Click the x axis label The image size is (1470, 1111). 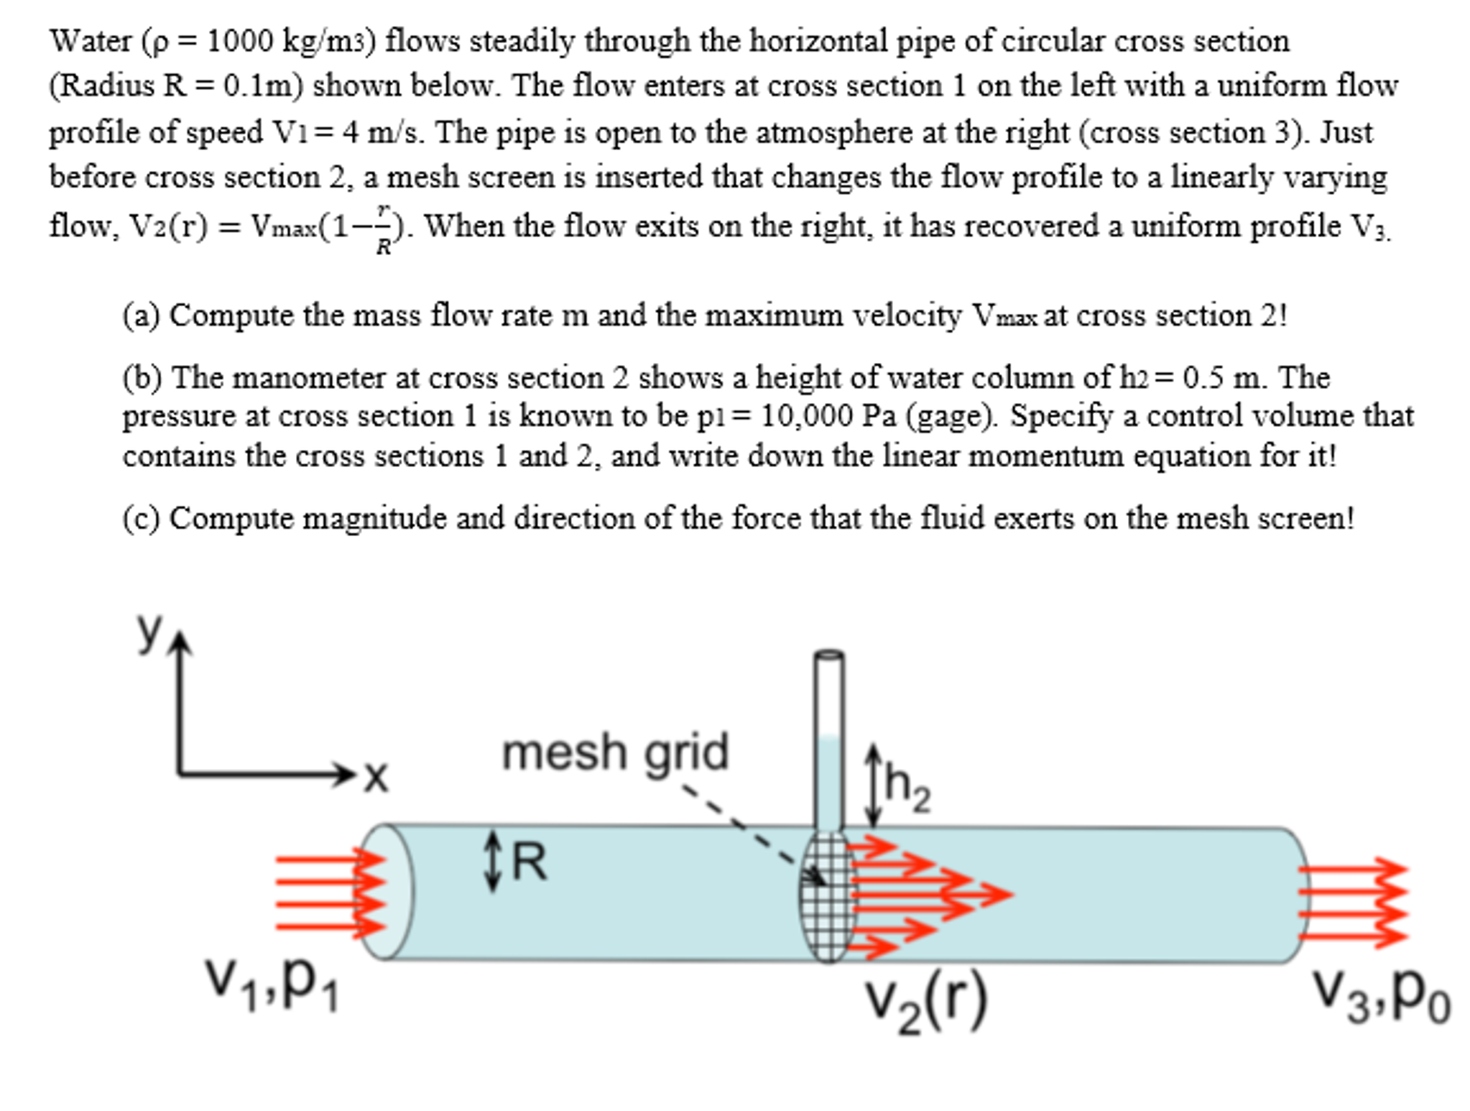(x=376, y=777)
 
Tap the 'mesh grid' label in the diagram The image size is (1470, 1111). (x=615, y=752)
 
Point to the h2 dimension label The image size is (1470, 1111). (x=908, y=788)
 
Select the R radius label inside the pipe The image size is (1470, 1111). (x=530, y=862)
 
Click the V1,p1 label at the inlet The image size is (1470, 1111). (x=272, y=984)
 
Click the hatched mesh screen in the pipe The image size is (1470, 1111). (x=828, y=897)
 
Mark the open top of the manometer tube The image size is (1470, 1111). (x=828, y=654)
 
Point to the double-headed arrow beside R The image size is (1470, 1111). (x=492, y=861)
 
